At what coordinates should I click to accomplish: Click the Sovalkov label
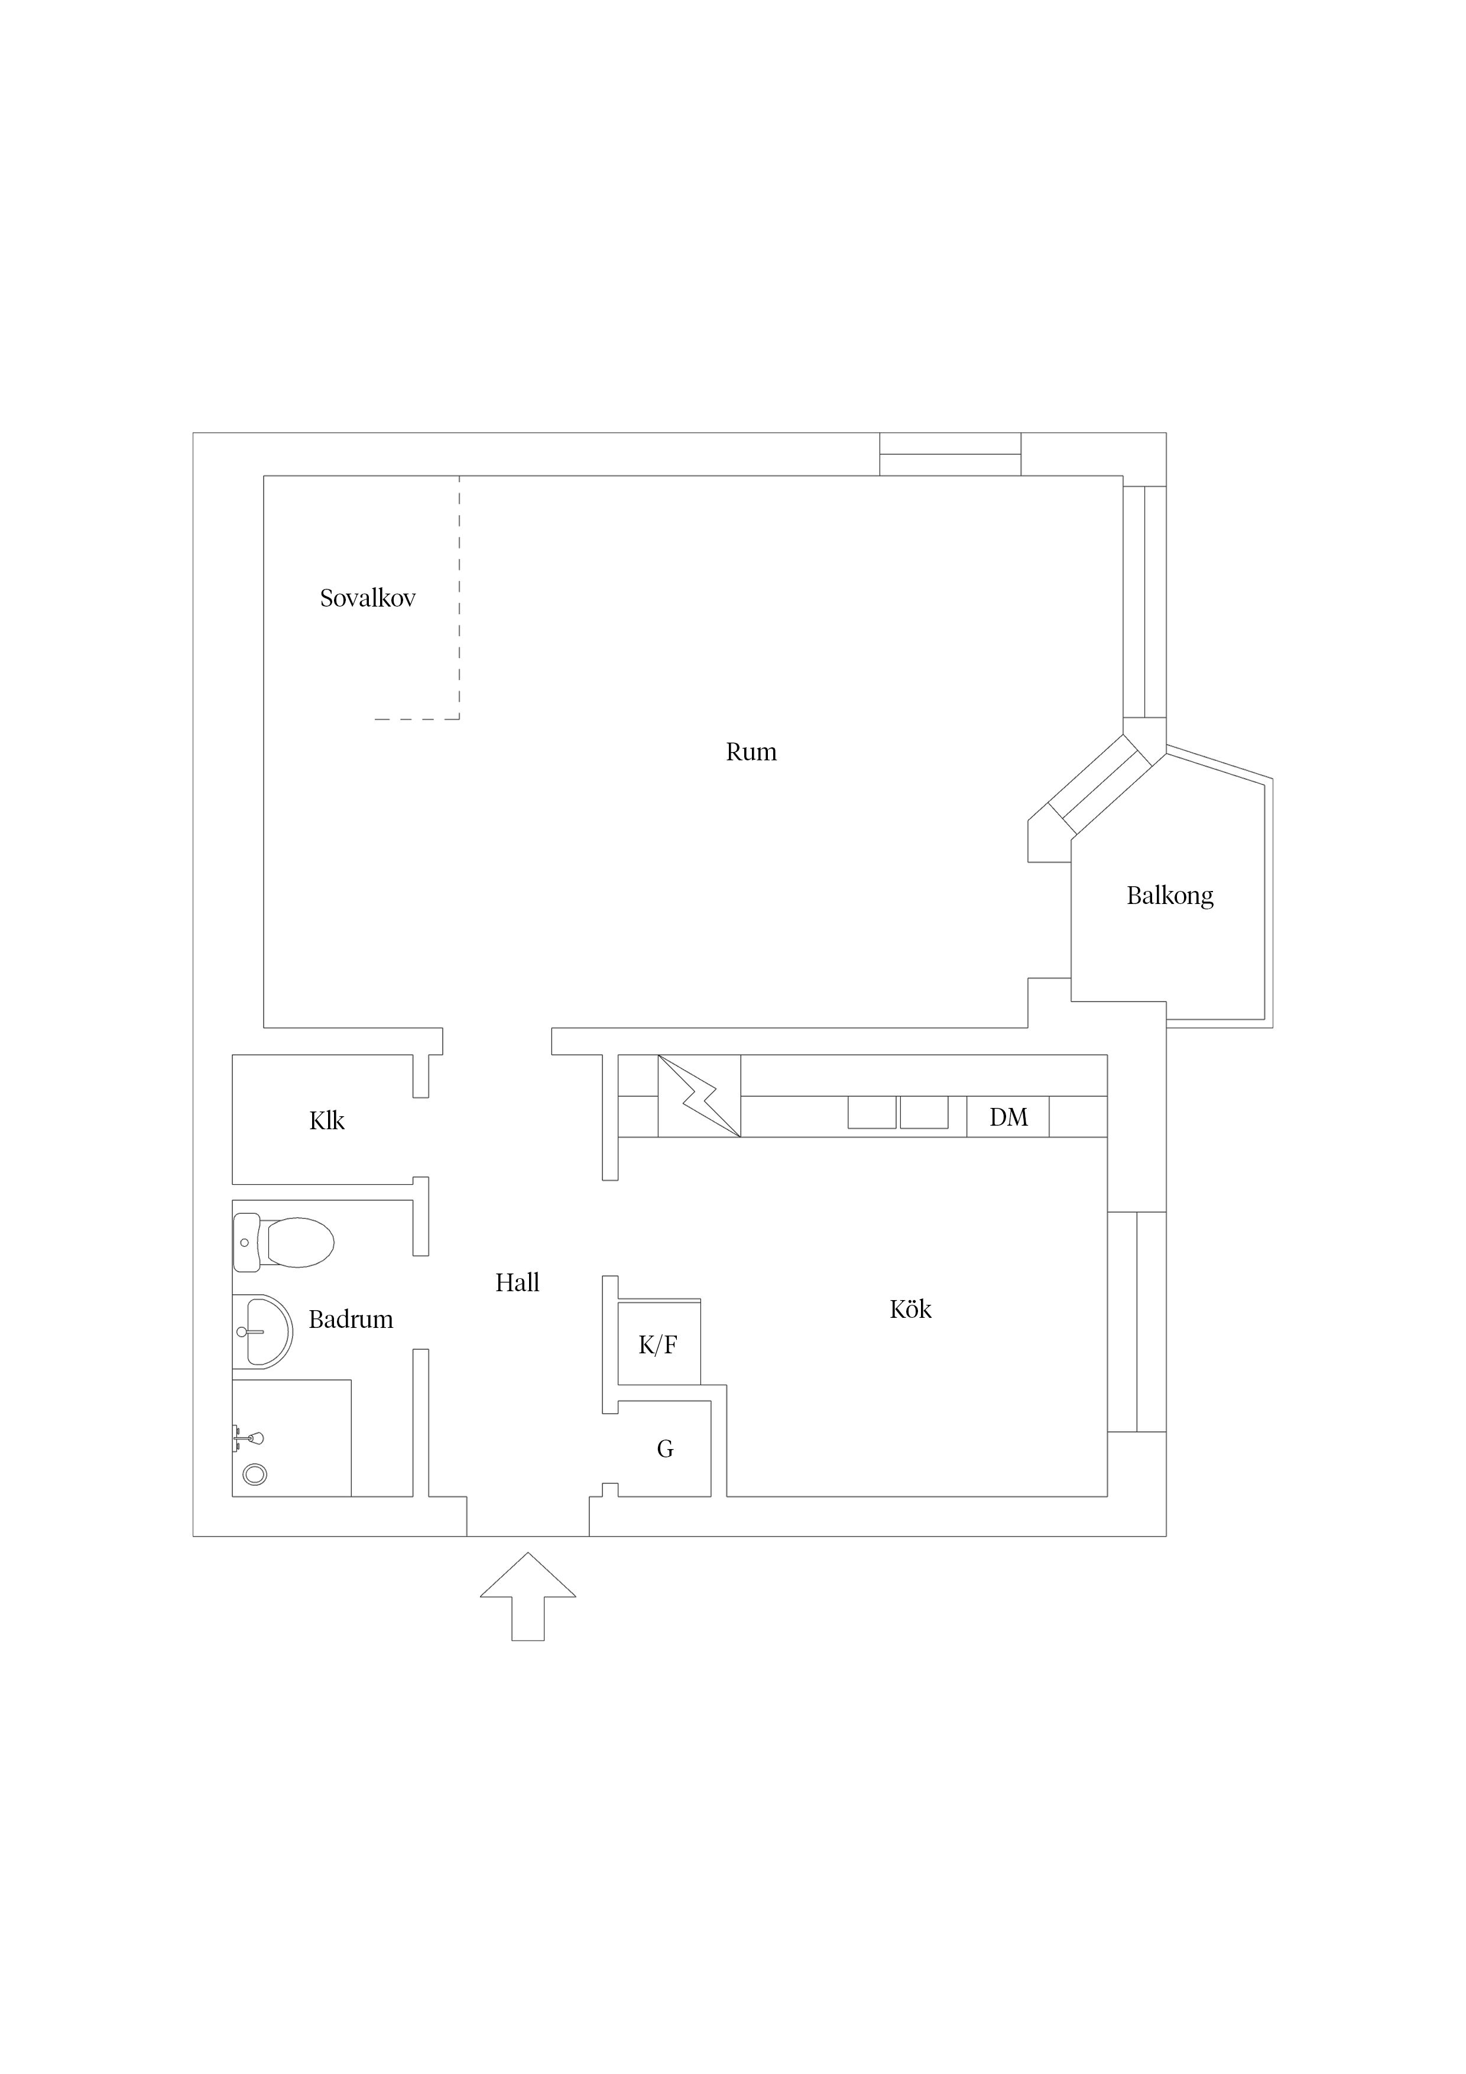368,598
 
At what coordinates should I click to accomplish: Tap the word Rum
751,751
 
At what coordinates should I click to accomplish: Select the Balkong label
1170,896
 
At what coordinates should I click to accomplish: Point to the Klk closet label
327,1121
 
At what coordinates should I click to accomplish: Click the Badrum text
351,1320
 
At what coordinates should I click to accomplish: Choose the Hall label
518,1283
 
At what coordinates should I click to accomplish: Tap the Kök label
910,1309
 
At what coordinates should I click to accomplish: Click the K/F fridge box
659,1343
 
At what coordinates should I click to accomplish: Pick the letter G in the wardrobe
665,1450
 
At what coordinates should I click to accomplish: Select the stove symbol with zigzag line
699,1096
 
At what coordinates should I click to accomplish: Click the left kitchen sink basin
872,1113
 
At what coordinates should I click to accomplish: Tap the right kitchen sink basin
924,1113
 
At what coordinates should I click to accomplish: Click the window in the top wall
950,455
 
